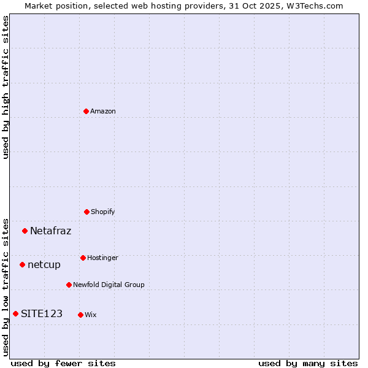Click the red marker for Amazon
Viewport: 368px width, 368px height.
pyautogui.click(x=86, y=111)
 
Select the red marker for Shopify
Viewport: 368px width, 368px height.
pyautogui.click(x=86, y=212)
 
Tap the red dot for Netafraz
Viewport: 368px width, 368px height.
pyautogui.click(x=25, y=231)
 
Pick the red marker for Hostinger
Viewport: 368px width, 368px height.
pyautogui.click(x=83, y=258)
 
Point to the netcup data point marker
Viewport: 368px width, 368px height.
pyautogui.click(x=22, y=265)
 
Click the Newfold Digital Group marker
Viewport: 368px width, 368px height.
pyautogui.click(x=69, y=285)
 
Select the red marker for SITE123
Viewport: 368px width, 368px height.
pyautogui.click(x=15, y=314)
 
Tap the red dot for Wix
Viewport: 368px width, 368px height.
pyautogui.click(x=80, y=315)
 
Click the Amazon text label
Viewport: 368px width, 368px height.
pyautogui.click(x=103, y=111)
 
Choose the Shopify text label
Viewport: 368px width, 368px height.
pyautogui.click(x=103, y=212)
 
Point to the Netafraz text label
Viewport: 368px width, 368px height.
pyautogui.click(x=50, y=231)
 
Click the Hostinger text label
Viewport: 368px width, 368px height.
pyautogui.click(x=102, y=258)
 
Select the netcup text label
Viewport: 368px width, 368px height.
pyautogui.click(x=44, y=265)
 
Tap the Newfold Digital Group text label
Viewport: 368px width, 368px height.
pyautogui.click(x=109, y=285)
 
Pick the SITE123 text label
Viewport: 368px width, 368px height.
pyautogui.click(x=42, y=314)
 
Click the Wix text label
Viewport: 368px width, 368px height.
pyautogui.click(x=91, y=315)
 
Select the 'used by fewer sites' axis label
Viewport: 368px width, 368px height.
pyautogui.click(x=63, y=363)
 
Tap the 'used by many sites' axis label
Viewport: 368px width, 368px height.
pyautogui.click(x=308, y=363)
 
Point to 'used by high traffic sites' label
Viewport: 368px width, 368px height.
pyautogui.click(x=6, y=87)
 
